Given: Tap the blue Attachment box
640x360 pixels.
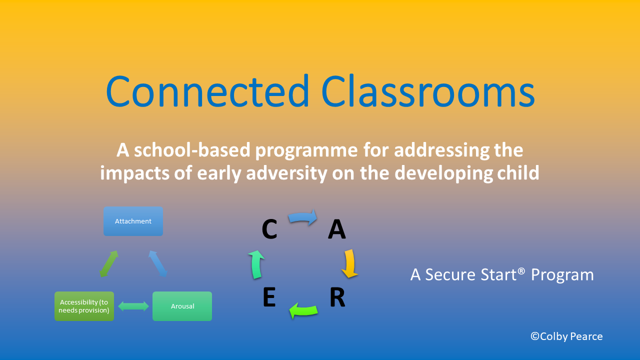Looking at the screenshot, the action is tap(133, 221).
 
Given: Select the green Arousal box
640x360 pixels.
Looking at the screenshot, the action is tap(182, 306).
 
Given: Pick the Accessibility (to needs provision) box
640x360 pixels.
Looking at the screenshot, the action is tap(84, 306).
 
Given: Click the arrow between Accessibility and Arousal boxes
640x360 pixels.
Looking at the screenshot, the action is tap(133, 306).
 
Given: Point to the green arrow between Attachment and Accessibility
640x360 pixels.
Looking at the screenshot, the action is tap(109, 263).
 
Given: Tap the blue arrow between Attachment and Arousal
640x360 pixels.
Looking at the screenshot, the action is tap(157, 263).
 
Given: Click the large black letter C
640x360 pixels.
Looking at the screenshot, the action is tap(269, 229).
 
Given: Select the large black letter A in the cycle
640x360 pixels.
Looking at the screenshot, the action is tap(337, 229).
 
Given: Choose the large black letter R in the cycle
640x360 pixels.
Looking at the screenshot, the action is tap(337, 297).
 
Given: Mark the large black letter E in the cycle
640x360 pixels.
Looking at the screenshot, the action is tap(269, 297).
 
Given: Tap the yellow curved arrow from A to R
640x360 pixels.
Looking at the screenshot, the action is tap(350, 263).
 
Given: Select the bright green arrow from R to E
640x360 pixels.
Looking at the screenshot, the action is tap(303, 310).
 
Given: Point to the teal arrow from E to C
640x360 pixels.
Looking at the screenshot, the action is tap(256, 264).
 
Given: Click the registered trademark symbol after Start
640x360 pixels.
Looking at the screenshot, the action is tap(521, 271).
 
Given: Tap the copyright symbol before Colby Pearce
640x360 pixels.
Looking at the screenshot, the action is tap(535, 336).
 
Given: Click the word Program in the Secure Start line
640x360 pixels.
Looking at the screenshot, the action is tap(562, 275).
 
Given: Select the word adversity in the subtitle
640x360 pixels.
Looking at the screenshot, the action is tap(286, 173).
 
